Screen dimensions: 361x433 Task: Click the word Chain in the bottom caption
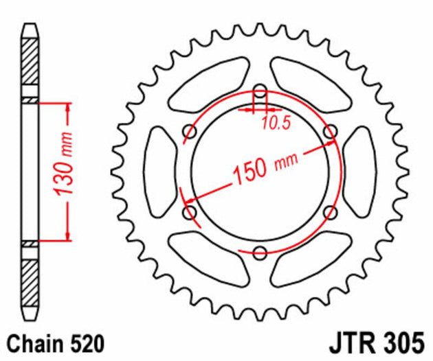tap(34, 342)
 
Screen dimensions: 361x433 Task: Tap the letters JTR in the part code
tap(357, 342)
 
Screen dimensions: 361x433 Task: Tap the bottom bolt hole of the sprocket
tap(260, 253)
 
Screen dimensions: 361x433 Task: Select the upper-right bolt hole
tap(331, 131)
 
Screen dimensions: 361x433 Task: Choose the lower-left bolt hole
tap(190, 212)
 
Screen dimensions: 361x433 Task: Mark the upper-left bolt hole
tap(190, 131)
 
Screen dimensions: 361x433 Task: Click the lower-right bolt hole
tap(331, 212)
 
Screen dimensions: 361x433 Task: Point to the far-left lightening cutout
tap(159, 172)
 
